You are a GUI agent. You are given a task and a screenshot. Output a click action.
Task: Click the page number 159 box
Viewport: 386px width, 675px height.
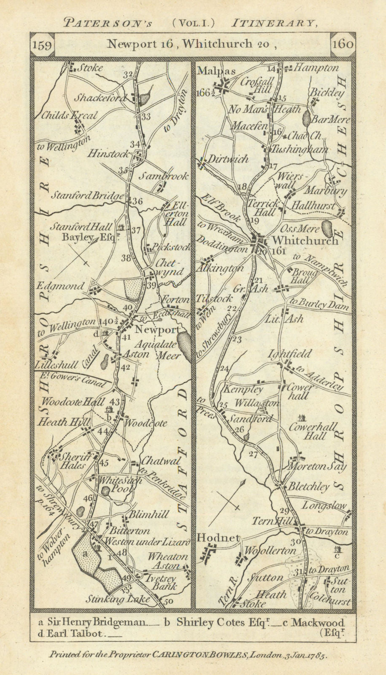point(42,45)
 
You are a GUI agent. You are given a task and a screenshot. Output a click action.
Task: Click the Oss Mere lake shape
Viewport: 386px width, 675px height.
point(327,229)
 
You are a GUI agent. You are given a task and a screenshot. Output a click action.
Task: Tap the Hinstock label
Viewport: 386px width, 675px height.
point(108,154)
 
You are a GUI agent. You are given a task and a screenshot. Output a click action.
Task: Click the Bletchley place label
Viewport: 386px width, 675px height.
point(308,487)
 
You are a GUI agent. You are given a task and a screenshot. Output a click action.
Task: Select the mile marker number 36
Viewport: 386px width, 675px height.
point(137,202)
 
